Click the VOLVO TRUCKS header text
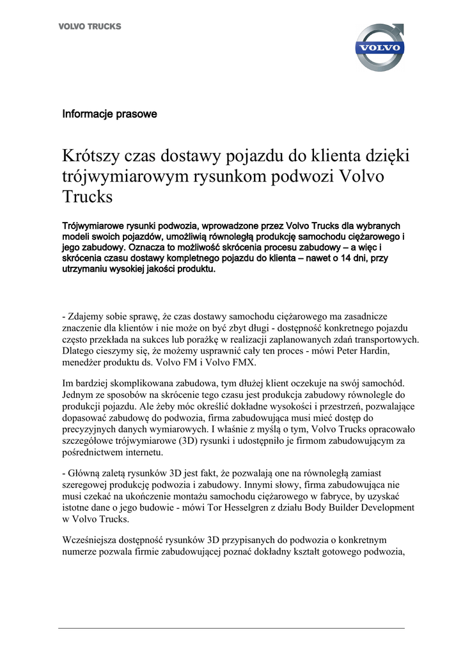[90, 27]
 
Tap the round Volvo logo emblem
[379, 47]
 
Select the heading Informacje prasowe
[109, 114]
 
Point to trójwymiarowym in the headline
[125, 176]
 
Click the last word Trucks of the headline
[87, 196]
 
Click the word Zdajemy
[89, 317]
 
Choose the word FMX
[244, 362]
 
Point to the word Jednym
[78, 395]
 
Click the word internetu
[145, 452]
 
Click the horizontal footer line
[231, 628]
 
